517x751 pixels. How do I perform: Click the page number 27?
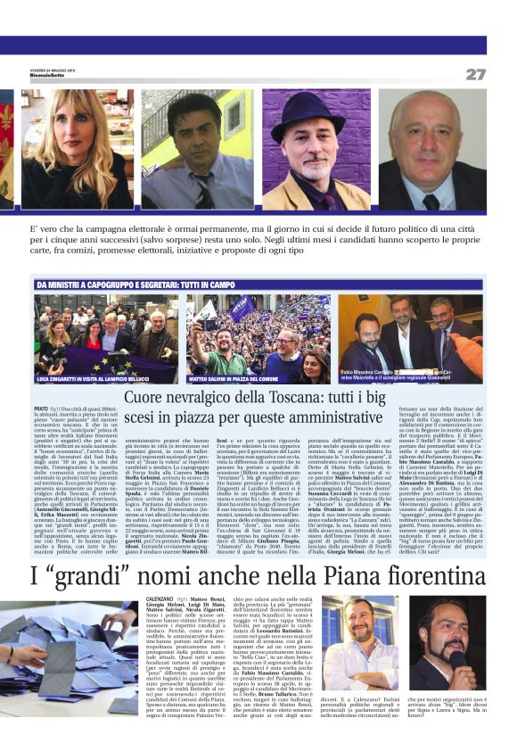click(x=475, y=75)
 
